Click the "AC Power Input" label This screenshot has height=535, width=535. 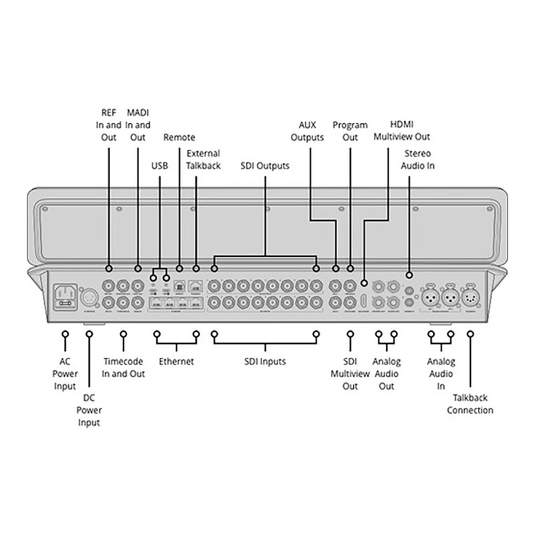pyautogui.click(x=65, y=374)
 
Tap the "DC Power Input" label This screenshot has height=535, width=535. pyautogui.click(x=89, y=410)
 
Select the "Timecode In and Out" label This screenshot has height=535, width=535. pyautogui.click(x=124, y=368)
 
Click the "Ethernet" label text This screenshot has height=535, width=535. pyautogui.click(x=176, y=362)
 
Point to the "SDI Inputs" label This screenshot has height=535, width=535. pyautogui.click(x=263, y=362)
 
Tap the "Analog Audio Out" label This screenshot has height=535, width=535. pyautogui.click(x=387, y=374)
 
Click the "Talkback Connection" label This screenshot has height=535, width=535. pyautogui.click(x=470, y=404)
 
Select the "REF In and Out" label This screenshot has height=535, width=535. pyautogui.click(x=108, y=125)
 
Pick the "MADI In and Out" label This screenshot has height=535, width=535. pyautogui.click(x=138, y=125)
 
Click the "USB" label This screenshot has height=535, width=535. pyautogui.click(x=160, y=165)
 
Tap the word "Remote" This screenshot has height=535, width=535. pyautogui.click(x=179, y=138)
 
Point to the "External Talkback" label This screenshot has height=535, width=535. pyautogui.click(x=204, y=160)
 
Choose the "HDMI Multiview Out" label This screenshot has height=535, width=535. pyautogui.click(x=401, y=131)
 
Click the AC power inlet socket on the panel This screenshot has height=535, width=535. pyautogui.click(x=66, y=295)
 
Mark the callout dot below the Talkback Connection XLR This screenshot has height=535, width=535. pyautogui.click(x=471, y=332)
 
